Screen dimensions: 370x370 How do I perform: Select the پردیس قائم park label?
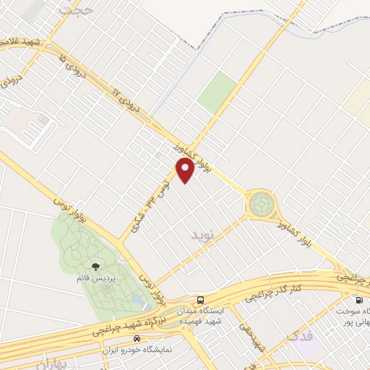click(x=95, y=277)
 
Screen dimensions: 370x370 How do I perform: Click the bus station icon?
click(x=200, y=300)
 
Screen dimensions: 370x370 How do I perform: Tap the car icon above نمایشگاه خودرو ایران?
click(x=137, y=338)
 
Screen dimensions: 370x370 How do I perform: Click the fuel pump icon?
click(x=358, y=300)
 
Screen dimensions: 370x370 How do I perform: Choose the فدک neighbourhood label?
click(x=301, y=335)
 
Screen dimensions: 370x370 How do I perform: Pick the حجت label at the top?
click(x=77, y=9)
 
